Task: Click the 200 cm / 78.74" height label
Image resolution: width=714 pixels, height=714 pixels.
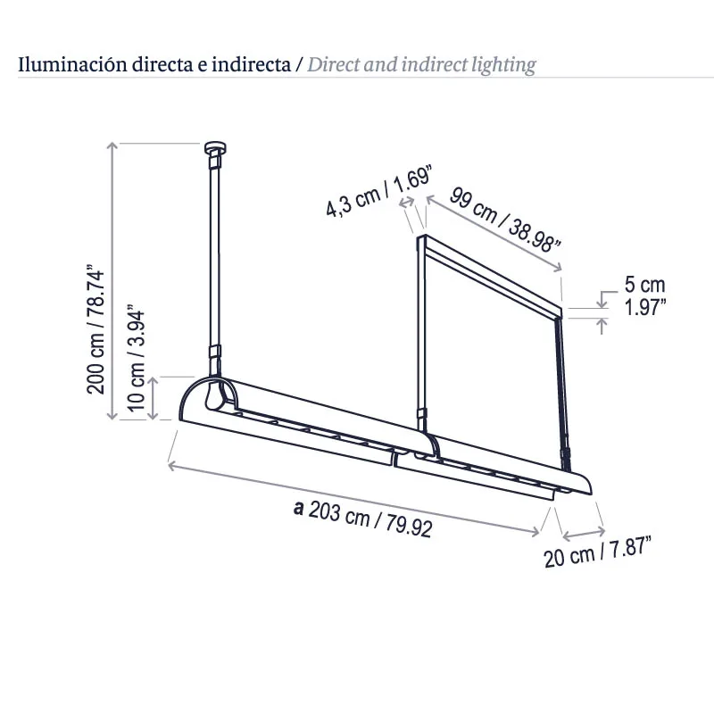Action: tap(95, 328)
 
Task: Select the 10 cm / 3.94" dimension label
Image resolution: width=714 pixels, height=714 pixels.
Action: tap(136, 358)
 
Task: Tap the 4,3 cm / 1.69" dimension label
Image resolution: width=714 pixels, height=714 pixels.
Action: tap(378, 191)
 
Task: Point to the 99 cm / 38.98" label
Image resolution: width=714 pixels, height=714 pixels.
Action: tap(504, 219)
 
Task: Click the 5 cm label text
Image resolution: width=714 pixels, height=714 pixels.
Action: tap(644, 285)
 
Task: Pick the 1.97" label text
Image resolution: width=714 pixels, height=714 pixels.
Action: tap(644, 307)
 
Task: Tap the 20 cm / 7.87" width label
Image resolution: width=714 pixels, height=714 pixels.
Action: tap(597, 552)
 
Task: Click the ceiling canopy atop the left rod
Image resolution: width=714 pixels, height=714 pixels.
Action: tap(216, 147)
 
